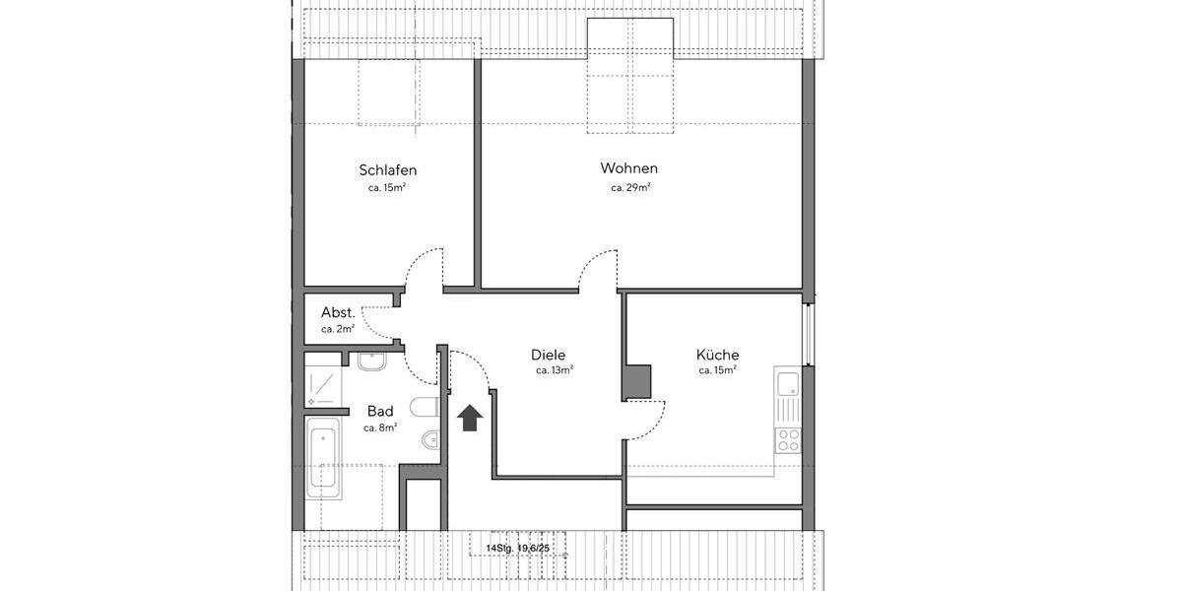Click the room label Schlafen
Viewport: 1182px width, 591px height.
coord(387,170)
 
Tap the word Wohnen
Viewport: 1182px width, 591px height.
coord(628,168)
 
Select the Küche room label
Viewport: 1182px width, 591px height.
coord(717,355)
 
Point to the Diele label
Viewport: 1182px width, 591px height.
coord(548,355)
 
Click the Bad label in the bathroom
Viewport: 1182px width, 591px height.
coord(380,411)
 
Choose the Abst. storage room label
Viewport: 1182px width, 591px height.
coord(338,312)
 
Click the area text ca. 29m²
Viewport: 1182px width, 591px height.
coord(630,187)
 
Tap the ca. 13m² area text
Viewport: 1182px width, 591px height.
coord(555,371)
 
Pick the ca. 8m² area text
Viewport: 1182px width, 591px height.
coord(380,427)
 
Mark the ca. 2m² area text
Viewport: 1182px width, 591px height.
coord(338,329)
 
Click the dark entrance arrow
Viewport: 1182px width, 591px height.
coord(470,418)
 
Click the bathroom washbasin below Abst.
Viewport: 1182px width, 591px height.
coord(372,362)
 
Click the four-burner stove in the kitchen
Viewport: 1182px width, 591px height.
coord(789,439)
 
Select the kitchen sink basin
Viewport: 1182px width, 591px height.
coord(788,383)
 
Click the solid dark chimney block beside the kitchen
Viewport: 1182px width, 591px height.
coord(636,382)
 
